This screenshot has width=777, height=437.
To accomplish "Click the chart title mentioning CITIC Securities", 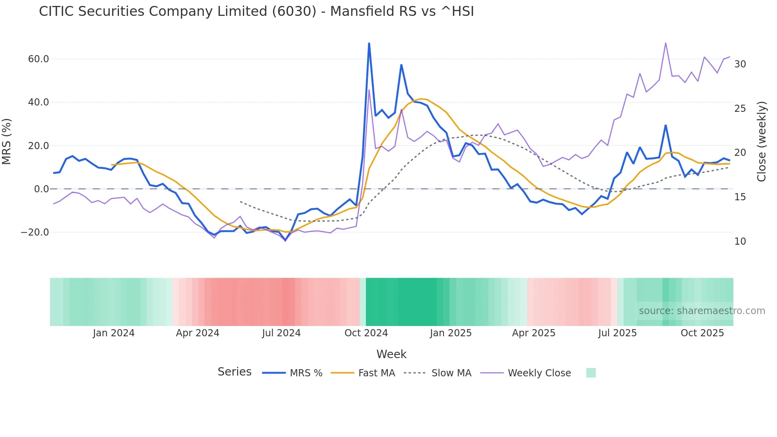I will coord(256,11).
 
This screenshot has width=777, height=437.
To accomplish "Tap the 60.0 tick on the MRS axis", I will coord(38,59).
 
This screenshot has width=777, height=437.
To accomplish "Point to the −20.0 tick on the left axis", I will coord(35,232).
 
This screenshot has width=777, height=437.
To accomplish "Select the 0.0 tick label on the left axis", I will coord(41,189).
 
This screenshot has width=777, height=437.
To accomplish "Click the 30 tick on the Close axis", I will coord(740,64).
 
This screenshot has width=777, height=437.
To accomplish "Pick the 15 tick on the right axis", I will coord(740,197).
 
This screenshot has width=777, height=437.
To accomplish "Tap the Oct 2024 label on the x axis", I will coord(366,333).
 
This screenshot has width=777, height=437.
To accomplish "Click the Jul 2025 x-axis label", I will coord(617,333).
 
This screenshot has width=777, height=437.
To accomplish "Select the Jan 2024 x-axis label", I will coord(114,333).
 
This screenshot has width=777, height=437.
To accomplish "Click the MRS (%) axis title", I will coord(7,142).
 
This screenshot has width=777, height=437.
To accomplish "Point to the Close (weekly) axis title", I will coord(762,142).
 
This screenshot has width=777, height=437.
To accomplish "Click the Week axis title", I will coord(391,354).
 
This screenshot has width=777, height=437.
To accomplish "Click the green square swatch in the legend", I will coord(591,373).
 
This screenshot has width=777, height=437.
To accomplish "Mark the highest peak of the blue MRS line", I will coord(369,43).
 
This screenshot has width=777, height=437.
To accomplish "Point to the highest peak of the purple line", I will coord(666,43).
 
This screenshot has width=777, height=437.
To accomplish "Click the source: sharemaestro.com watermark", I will coord(702,311).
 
